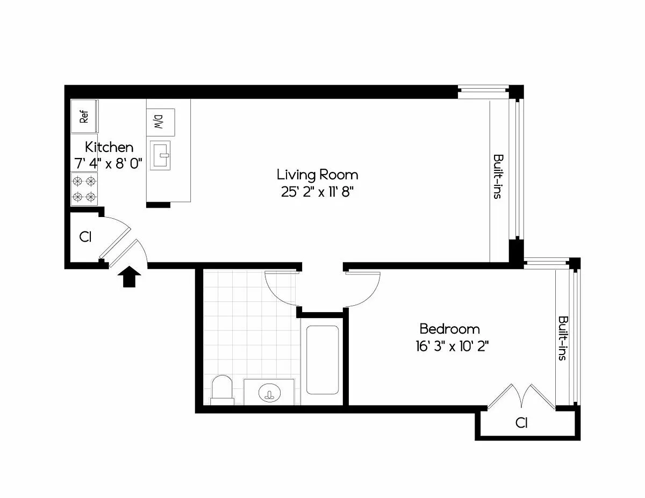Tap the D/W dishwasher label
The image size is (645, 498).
[x=160, y=122]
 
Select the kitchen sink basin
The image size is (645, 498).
[x=160, y=155]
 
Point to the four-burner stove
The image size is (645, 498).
[x=84, y=189]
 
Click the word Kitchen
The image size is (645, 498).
[x=109, y=147]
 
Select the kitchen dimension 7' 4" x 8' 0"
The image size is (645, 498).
[x=109, y=163]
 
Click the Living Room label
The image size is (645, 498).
[x=317, y=175]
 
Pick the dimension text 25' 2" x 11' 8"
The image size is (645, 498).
[x=317, y=192]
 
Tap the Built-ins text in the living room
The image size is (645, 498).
[x=498, y=176]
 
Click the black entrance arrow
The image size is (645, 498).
[x=129, y=277]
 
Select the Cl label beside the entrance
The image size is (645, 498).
[x=85, y=237]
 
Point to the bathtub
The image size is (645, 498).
[x=322, y=360]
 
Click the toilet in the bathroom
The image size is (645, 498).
[x=222, y=390]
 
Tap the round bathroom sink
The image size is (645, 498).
[x=269, y=393]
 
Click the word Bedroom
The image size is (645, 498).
[x=450, y=329]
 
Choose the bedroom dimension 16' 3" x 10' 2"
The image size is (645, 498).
[x=452, y=347]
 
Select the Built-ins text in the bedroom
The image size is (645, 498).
[x=563, y=338]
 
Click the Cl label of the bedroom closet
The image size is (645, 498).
[x=521, y=423]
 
